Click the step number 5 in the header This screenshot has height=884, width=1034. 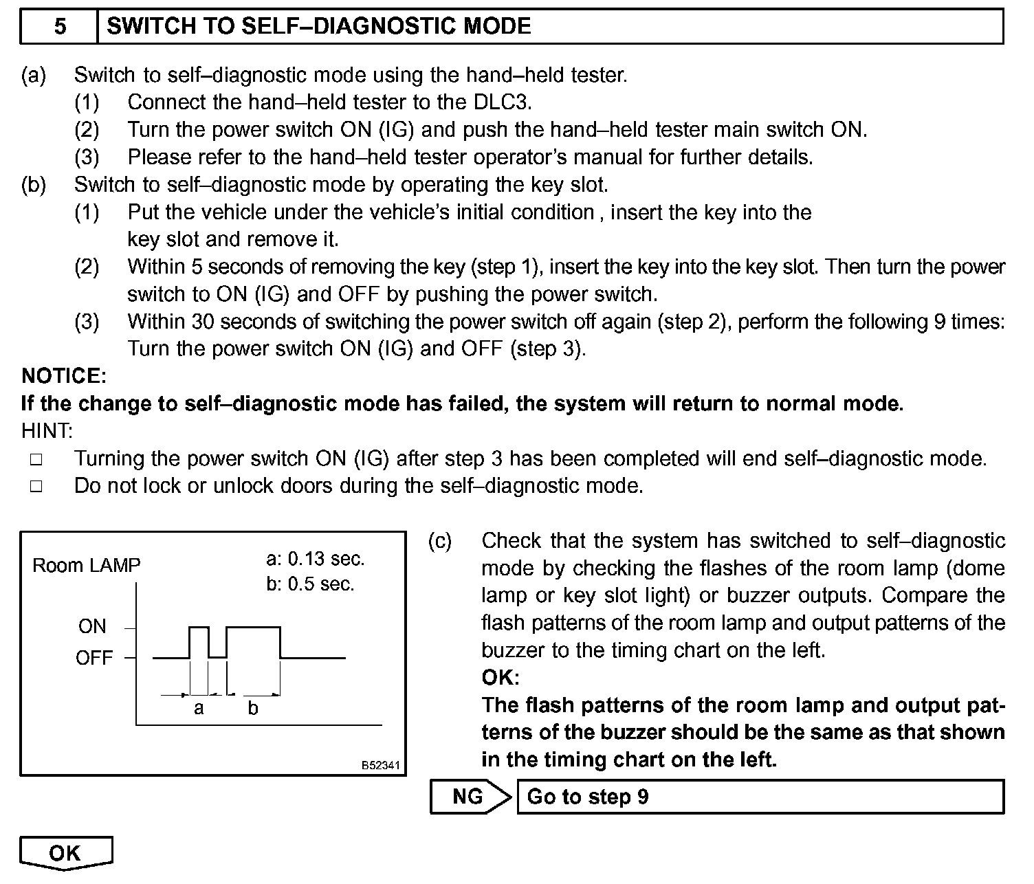pos(60,27)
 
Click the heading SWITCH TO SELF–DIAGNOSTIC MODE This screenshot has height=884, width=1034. pos(319,27)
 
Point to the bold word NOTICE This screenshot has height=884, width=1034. pos(63,376)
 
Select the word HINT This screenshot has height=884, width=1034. pos(45,431)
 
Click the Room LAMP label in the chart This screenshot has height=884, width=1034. pos(86,566)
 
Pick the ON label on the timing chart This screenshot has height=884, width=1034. pos(92,626)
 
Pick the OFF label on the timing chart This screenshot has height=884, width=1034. pos(93,658)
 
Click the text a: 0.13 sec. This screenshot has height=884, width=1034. pos(315,559)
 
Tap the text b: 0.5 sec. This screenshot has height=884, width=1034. pos(309,585)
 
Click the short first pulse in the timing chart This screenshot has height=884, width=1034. pos(199,628)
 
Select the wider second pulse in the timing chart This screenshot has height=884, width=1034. pos(253,628)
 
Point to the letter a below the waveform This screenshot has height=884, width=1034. pos(199,708)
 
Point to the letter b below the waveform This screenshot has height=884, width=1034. pos(253,708)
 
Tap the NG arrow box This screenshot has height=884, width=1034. pos(469,797)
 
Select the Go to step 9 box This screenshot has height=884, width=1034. pos(760,797)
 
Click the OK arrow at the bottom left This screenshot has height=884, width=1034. pos(65,853)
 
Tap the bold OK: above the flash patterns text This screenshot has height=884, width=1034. pos(499,678)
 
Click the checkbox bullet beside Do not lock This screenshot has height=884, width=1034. pos(36,487)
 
